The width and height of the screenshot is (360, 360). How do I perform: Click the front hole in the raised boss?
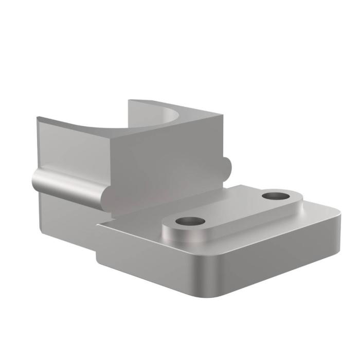click(x=190, y=222)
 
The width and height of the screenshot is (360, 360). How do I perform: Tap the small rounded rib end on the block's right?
click(x=228, y=166)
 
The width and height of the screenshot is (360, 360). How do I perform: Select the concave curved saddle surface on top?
click(x=154, y=121)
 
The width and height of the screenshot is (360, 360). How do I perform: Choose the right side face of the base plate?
click(x=278, y=257)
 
